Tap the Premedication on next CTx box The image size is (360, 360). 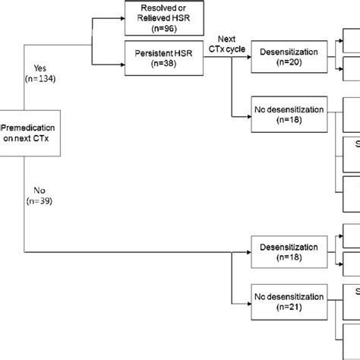point(27,130)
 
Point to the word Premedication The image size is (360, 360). point(27,124)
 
